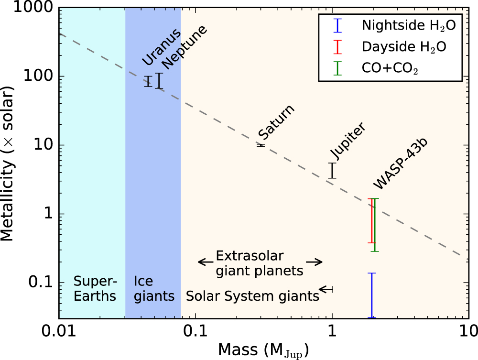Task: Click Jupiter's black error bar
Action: click(332, 171)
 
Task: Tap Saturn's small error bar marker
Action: click(261, 145)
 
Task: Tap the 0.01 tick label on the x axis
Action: click(59, 331)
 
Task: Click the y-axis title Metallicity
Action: click(11, 163)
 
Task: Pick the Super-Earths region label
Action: click(95, 288)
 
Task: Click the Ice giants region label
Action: click(154, 288)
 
